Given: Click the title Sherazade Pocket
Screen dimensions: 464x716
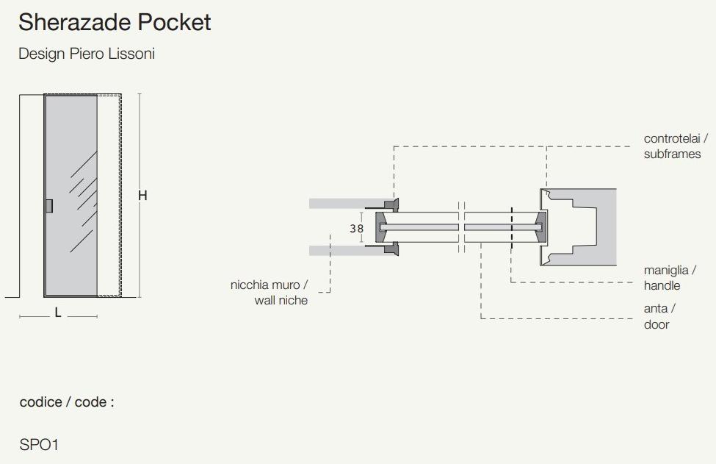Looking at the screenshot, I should [x=115, y=23].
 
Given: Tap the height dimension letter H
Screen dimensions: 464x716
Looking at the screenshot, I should [x=142, y=196].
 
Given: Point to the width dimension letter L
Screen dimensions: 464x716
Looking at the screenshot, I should [x=58, y=313].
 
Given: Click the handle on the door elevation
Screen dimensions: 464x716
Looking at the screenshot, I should [x=48, y=206].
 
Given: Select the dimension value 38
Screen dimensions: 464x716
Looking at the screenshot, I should [x=356, y=229].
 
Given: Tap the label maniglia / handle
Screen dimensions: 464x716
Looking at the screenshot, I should [x=670, y=278].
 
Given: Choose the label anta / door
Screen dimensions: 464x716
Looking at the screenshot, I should [x=659, y=316].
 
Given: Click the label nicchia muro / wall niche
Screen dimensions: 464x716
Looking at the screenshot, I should [x=270, y=293].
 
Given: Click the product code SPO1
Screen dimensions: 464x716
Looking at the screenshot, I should [x=39, y=445].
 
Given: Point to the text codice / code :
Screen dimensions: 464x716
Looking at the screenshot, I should [x=67, y=402].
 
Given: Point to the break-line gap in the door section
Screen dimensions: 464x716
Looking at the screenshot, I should [x=461, y=227].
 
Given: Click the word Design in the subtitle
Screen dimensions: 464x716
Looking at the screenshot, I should [x=38, y=54].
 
